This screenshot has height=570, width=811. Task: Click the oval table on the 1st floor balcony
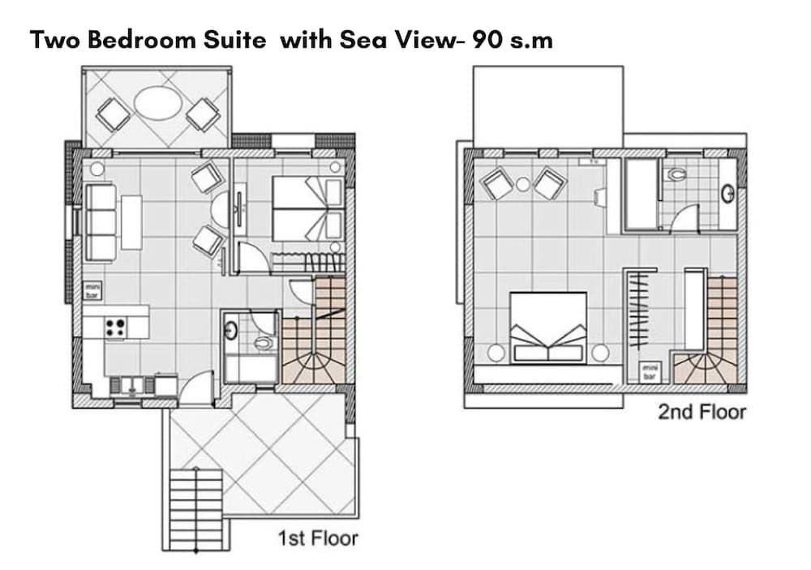point(158,104)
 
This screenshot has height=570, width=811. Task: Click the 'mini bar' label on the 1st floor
point(92,290)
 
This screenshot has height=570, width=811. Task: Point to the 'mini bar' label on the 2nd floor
point(650,372)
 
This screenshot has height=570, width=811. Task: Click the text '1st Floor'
point(318,538)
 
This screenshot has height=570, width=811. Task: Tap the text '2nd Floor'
point(702,412)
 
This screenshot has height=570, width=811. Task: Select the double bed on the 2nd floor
point(548,327)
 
